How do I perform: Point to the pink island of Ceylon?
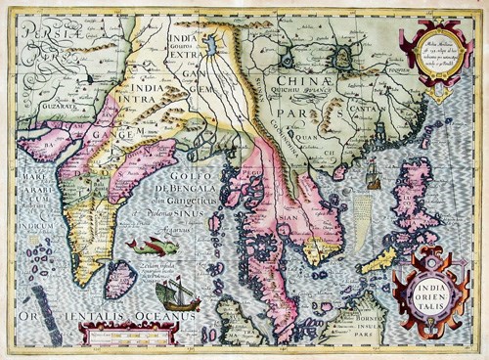click(x=121, y=278)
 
